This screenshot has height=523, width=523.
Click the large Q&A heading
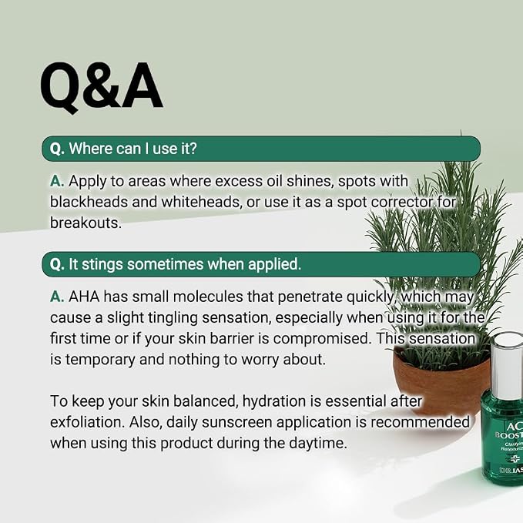click(101, 87)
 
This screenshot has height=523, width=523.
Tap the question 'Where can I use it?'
click(123, 149)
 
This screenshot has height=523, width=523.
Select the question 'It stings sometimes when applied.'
click(175, 264)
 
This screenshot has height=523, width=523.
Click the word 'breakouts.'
click(85, 223)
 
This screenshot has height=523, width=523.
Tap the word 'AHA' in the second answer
click(84, 297)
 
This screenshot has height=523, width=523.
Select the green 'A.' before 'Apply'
click(57, 181)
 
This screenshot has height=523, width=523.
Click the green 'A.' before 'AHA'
click(57, 297)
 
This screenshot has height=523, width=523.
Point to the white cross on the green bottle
click(515, 459)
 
